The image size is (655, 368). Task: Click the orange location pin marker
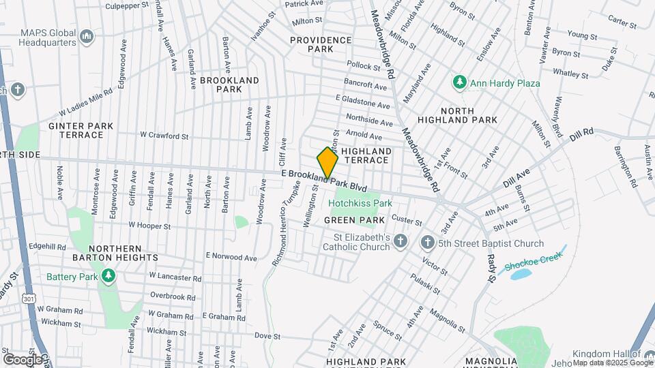[x=327, y=162]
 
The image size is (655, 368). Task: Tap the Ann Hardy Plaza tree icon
[x=460, y=83]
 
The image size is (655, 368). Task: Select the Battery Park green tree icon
[x=107, y=276]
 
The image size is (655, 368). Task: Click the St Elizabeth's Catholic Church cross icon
[x=401, y=241]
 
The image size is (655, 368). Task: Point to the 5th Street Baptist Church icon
[x=427, y=243]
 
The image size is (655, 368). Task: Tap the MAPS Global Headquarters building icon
[x=87, y=35]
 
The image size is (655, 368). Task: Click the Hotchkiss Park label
[x=360, y=203]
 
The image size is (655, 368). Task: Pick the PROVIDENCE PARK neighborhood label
[x=321, y=44]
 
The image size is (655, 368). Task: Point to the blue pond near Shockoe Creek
[x=520, y=274]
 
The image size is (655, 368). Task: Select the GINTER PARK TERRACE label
[x=76, y=130]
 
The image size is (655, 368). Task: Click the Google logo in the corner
[x=23, y=358]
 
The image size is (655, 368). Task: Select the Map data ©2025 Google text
[x=612, y=363]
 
